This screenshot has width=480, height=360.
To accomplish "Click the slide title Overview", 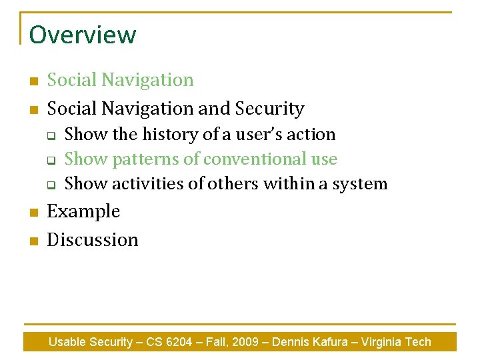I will coord(83,35).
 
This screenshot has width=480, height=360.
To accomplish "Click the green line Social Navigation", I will coord(120,80).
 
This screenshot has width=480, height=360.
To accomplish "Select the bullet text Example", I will coord(83,211).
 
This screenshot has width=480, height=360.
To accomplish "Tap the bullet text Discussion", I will coord(93,239).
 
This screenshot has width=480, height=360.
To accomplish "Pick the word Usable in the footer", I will coord(66,342).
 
